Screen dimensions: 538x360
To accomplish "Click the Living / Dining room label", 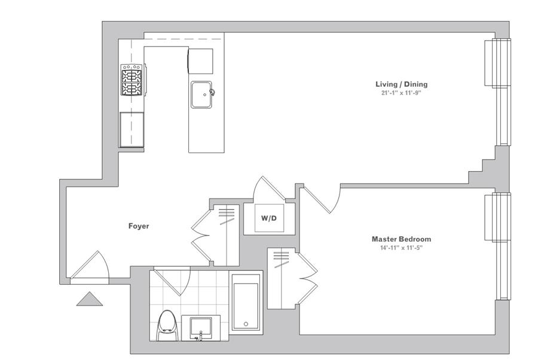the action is click(x=402, y=84).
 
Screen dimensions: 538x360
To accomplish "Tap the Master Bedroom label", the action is click(x=402, y=239).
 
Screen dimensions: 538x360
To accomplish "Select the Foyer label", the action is click(x=139, y=226).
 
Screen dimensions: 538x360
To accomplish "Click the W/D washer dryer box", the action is click(x=269, y=218).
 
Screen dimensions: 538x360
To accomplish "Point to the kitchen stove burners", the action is click(x=132, y=80).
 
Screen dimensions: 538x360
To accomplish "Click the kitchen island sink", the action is click(x=201, y=94).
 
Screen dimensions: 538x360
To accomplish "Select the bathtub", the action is click(x=246, y=303).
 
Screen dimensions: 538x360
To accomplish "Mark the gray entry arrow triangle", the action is click(x=90, y=299).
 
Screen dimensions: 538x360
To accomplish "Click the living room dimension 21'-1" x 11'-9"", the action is click(x=401, y=93).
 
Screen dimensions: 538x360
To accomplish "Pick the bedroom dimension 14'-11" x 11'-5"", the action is click(x=401, y=248).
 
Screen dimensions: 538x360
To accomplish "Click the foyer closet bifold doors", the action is click(x=201, y=236).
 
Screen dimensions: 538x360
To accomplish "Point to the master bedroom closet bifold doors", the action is click(x=308, y=278).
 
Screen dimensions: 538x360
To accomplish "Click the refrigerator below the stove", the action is click(x=132, y=130).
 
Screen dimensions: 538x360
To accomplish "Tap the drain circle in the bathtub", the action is click(x=246, y=324).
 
